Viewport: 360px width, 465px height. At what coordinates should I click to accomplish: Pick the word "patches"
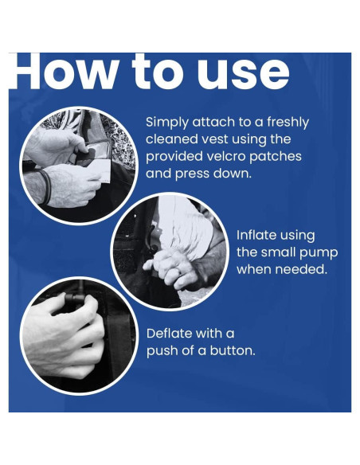point(276,157)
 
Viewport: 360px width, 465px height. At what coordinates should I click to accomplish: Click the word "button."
point(233,350)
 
